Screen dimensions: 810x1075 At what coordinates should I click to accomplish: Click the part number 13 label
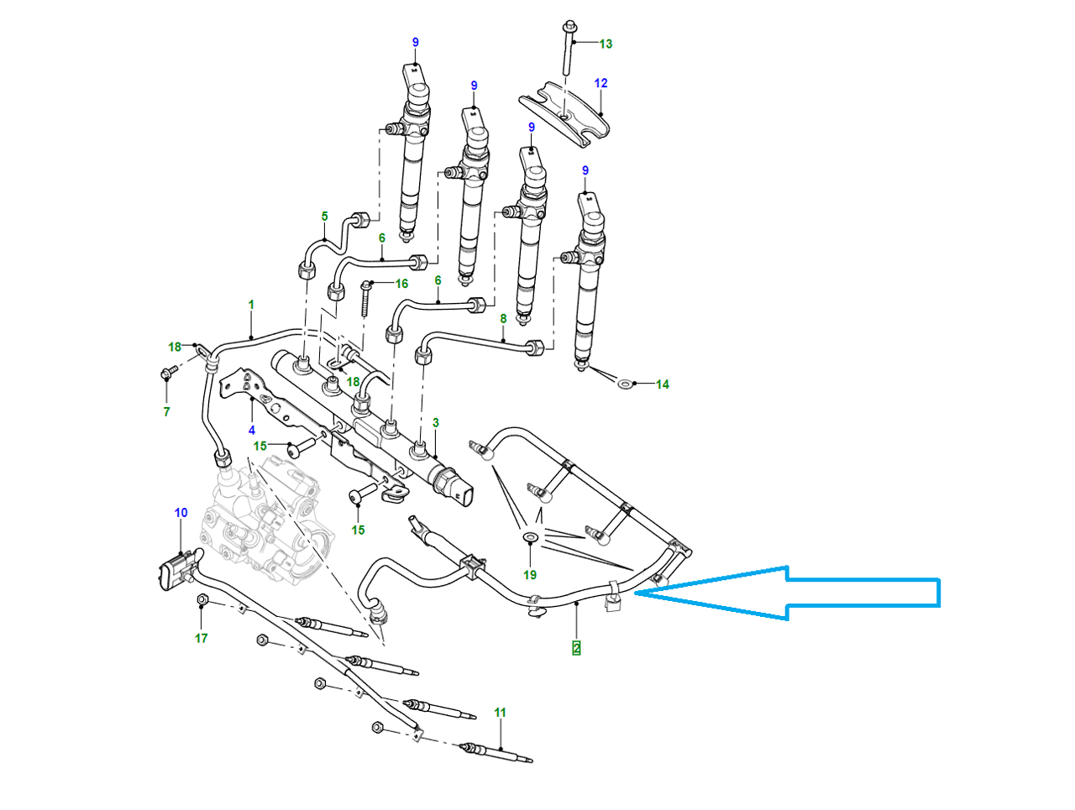(606, 44)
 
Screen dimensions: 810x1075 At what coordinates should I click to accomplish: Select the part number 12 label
(600, 83)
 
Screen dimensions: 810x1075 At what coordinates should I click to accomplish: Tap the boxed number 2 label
(576, 648)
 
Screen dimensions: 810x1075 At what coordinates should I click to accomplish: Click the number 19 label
(530, 575)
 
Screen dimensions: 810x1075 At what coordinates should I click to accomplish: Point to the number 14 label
(663, 384)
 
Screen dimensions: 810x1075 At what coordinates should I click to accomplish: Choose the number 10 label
(181, 513)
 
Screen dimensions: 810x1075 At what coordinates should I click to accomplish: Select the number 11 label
(501, 713)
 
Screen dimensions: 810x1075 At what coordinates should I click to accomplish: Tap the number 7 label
(166, 411)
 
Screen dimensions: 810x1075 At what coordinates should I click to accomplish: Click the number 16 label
(401, 284)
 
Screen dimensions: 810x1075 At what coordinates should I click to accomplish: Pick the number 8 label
(503, 319)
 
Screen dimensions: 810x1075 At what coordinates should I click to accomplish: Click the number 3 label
(436, 423)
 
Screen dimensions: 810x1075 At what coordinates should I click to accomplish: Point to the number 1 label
(251, 305)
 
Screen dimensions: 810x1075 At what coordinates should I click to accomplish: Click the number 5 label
(325, 217)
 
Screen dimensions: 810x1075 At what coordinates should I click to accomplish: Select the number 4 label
(252, 431)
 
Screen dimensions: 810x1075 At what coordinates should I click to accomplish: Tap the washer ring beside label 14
(624, 383)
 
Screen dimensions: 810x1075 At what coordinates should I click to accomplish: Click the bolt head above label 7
(165, 371)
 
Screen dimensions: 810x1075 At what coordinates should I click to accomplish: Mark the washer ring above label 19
(531, 536)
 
